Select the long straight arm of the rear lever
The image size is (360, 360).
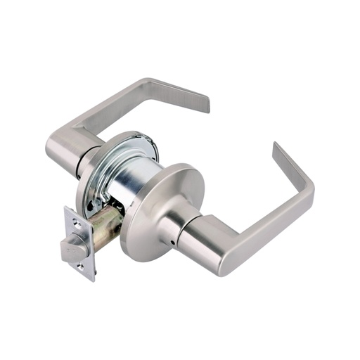(105, 109)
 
